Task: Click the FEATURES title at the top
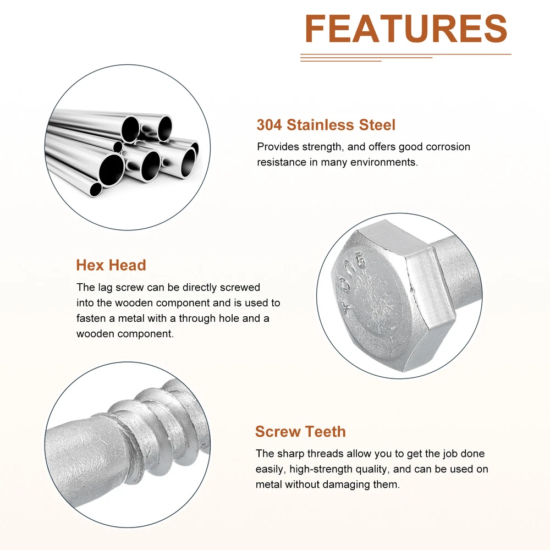pos(406,29)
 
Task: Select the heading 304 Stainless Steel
pos(326,125)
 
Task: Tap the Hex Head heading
pos(111,265)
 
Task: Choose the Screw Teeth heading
pos(300,431)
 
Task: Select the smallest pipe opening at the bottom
pos(95,189)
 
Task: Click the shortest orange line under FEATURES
pos(340,61)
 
